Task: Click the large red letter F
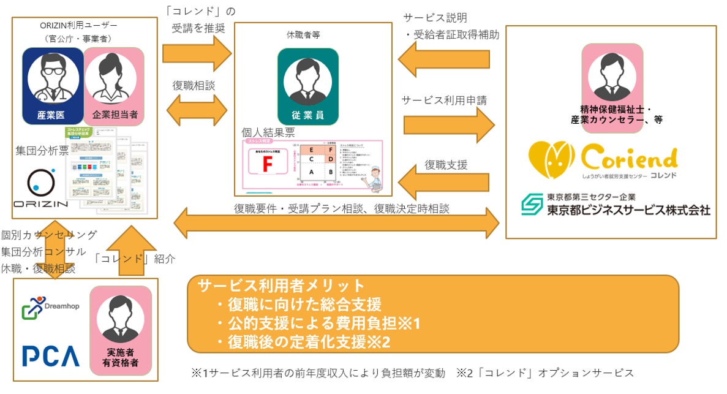(266, 164)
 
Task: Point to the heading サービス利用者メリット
(281, 286)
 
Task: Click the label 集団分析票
(41, 151)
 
